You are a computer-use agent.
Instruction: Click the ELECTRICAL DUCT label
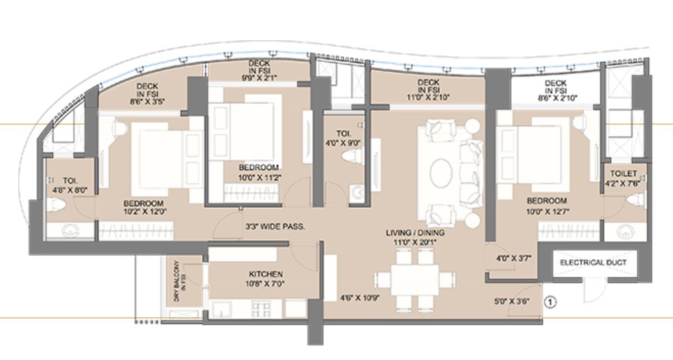pos(593,263)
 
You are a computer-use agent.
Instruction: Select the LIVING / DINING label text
pos(416,233)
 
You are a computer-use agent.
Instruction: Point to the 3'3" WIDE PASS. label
pos(275,227)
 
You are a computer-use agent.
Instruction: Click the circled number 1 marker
pos(551,302)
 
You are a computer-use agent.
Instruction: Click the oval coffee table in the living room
pos(441,172)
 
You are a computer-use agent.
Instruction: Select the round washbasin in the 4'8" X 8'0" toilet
pos(70,230)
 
